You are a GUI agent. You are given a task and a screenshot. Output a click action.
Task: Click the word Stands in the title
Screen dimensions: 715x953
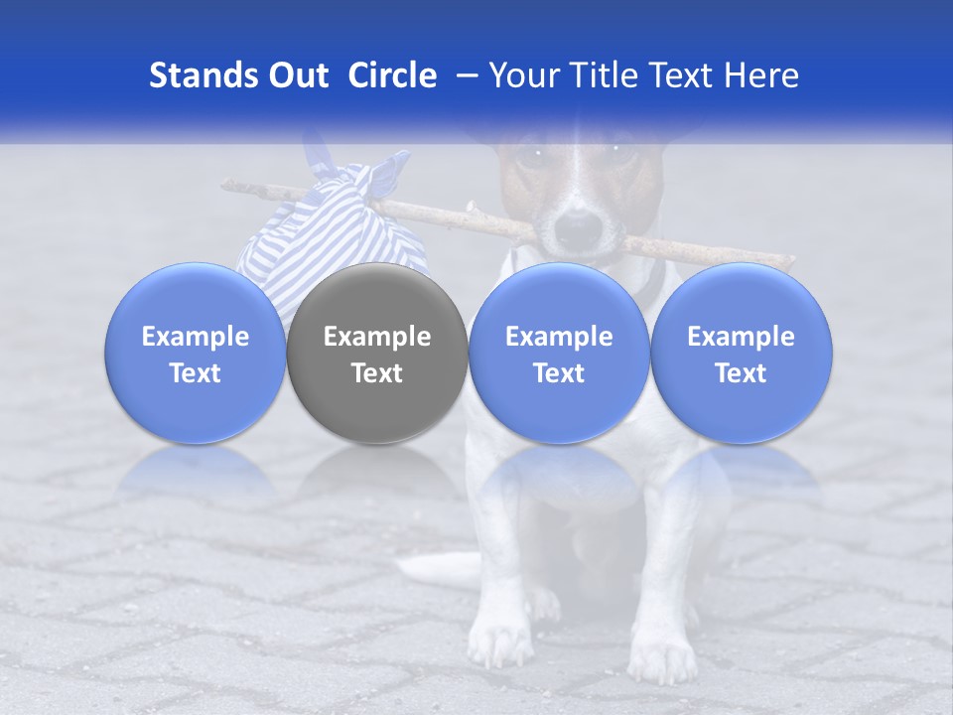click(202, 75)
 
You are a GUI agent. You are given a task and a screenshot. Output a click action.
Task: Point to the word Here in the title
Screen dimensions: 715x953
click(760, 75)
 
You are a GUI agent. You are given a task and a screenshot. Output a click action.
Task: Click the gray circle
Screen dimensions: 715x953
click(377, 353)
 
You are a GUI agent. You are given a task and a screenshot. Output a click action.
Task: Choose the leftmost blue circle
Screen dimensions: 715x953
click(195, 353)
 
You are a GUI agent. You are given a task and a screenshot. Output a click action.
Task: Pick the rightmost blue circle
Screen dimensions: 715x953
click(741, 353)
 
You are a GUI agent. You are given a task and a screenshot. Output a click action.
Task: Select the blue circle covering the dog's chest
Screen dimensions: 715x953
click(559, 353)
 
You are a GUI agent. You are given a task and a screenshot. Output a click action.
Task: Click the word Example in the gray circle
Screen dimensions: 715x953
click(377, 337)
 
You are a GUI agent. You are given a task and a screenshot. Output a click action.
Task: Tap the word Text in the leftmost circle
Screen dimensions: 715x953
click(195, 373)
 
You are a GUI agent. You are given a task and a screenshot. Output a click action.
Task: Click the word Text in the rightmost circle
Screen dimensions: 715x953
click(741, 373)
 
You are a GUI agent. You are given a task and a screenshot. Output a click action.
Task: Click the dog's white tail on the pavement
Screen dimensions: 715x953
click(437, 569)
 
